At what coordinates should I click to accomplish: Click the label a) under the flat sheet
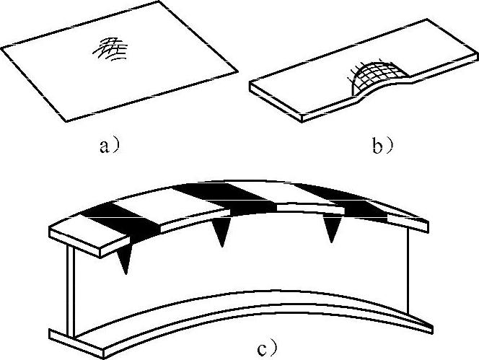108,146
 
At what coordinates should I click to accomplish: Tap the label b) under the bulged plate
382,146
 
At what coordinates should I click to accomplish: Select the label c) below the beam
267,348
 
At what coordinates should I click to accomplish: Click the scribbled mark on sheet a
110,49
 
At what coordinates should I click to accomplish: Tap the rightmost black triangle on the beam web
332,228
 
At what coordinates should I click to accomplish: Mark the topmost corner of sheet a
159,1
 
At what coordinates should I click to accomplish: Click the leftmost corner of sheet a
2,48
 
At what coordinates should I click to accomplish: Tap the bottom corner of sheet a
66,121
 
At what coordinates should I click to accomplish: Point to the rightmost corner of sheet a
237,72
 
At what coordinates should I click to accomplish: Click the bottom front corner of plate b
302,122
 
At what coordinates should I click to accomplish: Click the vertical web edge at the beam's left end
71,292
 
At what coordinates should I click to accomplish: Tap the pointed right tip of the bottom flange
432,330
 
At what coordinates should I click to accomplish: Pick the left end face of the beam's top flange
75,242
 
